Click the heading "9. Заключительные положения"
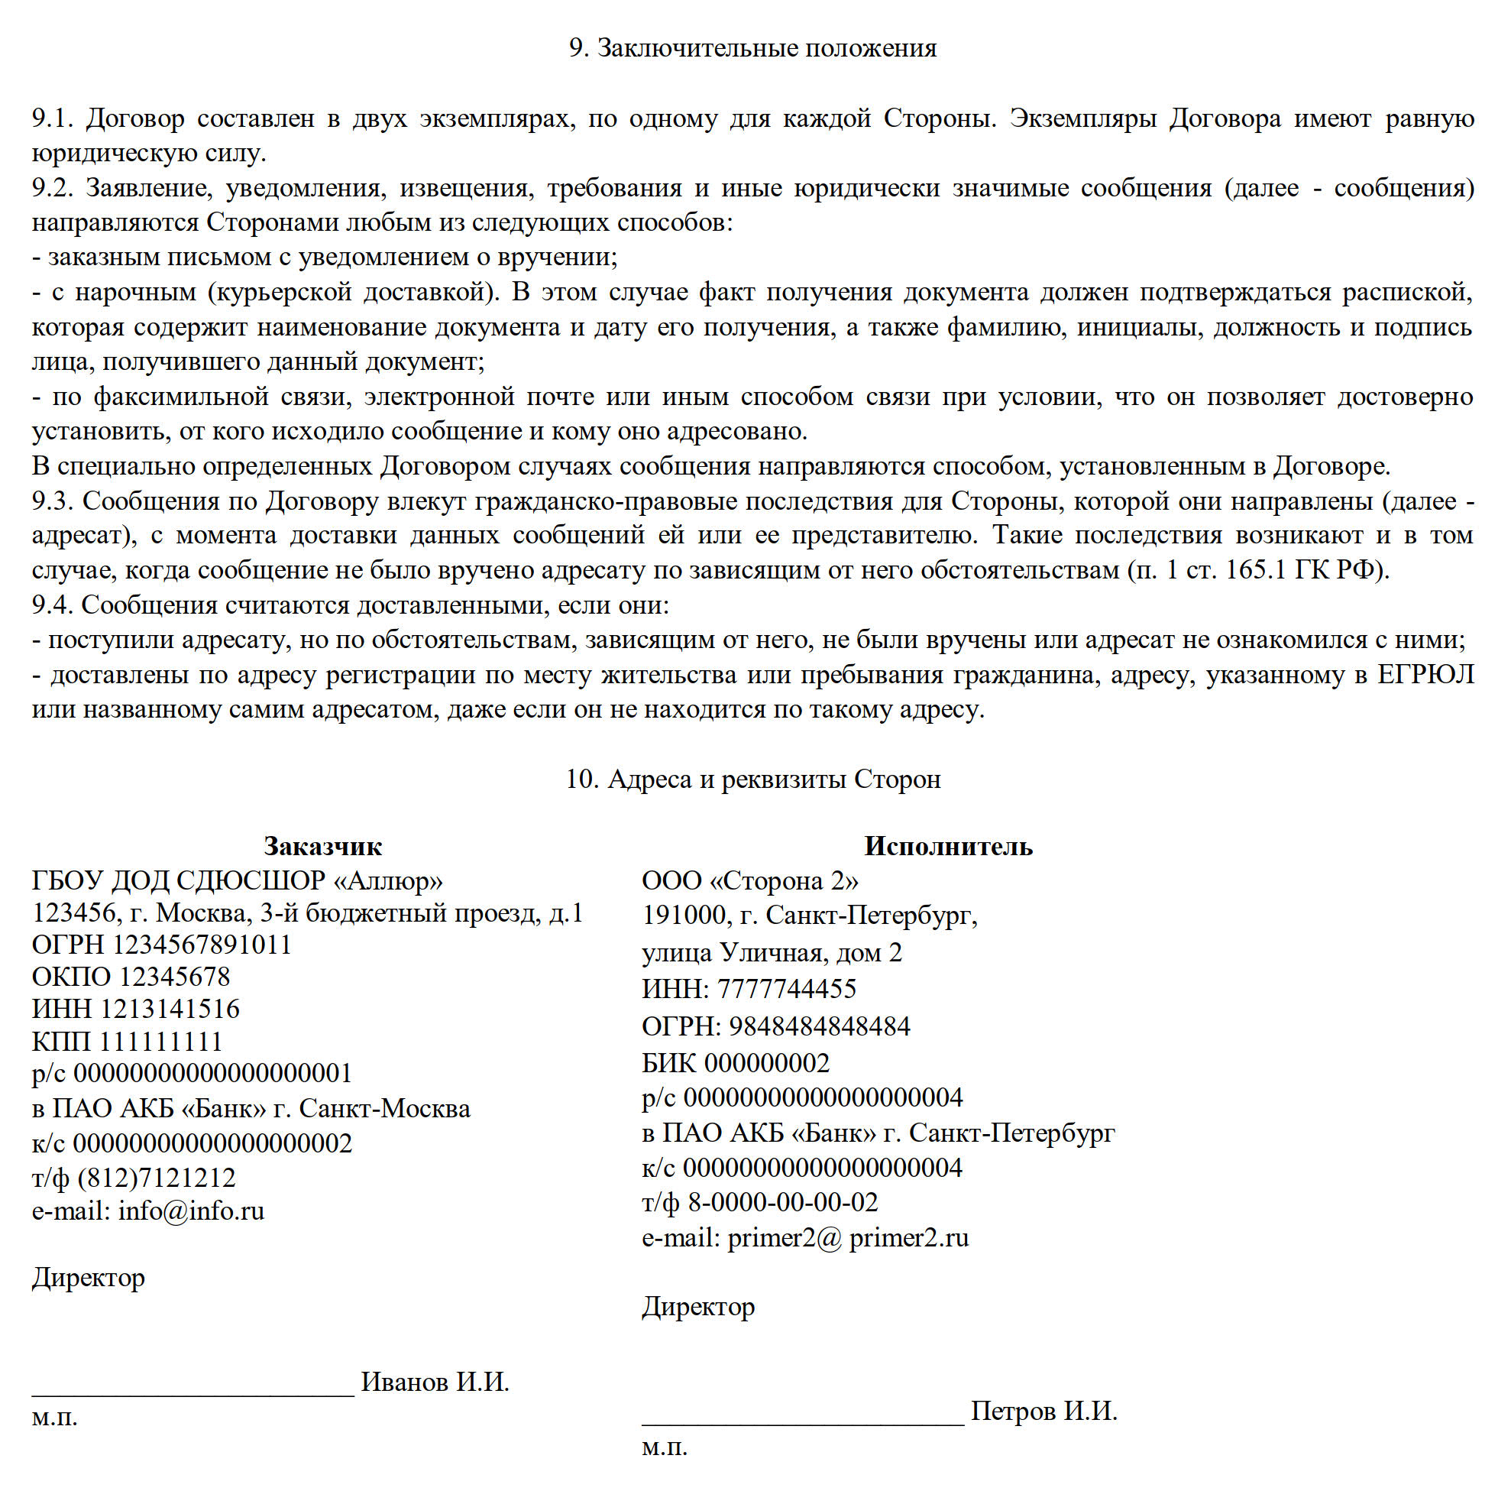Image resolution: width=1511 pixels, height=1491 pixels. click(x=752, y=48)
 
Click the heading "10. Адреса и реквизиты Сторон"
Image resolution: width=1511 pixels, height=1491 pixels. click(x=752, y=780)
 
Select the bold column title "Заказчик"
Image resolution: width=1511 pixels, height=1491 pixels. click(x=322, y=846)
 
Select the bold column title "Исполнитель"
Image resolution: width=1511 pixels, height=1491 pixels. click(x=948, y=846)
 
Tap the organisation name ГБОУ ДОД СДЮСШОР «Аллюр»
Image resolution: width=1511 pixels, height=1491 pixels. click(x=237, y=881)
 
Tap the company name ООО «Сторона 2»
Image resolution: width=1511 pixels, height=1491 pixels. click(x=750, y=881)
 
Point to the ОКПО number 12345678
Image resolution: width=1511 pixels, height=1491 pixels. click(x=175, y=977)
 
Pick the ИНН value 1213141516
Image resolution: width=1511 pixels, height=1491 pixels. click(x=170, y=1009)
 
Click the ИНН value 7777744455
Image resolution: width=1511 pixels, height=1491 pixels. click(x=787, y=989)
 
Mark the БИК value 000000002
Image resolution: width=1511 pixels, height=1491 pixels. click(x=767, y=1063)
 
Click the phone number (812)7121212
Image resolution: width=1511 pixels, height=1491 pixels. click(x=157, y=1178)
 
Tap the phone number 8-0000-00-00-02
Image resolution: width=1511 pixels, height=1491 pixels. click(x=783, y=1202)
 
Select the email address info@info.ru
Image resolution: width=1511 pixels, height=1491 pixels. click(x=192, y=1211)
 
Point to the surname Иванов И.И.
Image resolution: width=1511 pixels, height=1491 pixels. click(x=435, y=1382)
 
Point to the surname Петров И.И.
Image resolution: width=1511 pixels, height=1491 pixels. click(x=1044, y=1412)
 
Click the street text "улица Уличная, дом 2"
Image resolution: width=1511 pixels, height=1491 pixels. click(x=772, y=953)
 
